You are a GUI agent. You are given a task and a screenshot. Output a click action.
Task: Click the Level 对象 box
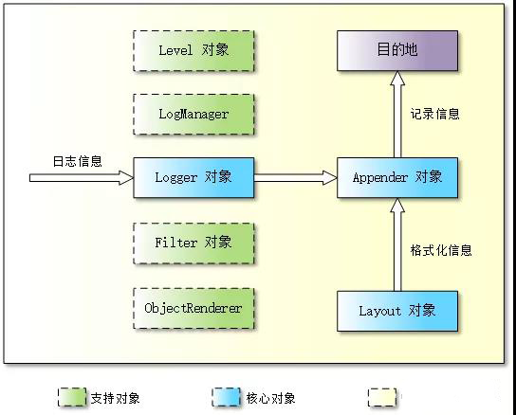[193, 51]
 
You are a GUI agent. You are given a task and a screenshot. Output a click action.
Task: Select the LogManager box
[193, 115]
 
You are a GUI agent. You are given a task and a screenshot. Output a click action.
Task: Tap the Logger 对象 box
[193, 177]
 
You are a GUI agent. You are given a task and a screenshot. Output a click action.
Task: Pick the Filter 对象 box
[193, 244]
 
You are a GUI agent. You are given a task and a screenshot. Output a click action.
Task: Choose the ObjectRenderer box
[193, 309]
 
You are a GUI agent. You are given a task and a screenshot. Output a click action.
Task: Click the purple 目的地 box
[397, 50]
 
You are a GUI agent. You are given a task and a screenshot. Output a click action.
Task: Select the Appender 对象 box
[397, 177]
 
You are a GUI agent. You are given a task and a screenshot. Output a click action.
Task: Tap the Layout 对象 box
[397, 311]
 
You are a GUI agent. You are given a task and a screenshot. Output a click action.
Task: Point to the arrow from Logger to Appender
[296, 177]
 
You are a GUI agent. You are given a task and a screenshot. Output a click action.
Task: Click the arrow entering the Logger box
[82, 177]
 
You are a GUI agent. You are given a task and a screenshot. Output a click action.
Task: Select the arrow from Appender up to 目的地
[397, 114]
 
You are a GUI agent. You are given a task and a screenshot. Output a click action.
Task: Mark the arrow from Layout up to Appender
[397, 244]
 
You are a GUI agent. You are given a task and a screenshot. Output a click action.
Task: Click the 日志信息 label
[78, 161]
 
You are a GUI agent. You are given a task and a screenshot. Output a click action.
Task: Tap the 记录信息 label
[434, 114]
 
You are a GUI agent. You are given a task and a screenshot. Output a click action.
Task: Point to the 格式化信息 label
[441, 250]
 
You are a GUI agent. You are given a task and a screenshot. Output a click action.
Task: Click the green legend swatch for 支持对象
[72, 397]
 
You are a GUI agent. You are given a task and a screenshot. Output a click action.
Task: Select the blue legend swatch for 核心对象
[226, 397]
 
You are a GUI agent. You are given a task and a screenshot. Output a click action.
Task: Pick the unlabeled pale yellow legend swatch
[382, 397]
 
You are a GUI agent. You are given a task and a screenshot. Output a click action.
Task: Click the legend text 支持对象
[115, 398]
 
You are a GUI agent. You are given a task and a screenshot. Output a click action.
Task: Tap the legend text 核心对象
[270, 398]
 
